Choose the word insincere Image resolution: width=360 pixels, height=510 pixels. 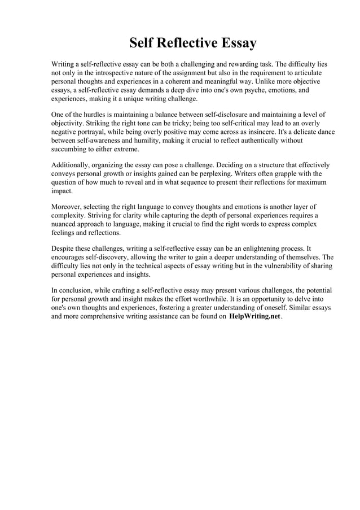[x=270, y=132]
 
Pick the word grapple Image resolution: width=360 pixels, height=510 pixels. [x=287, y=173]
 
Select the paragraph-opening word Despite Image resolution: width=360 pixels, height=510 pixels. [x=64, y=248]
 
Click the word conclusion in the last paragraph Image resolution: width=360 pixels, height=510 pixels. [x=79, y=290]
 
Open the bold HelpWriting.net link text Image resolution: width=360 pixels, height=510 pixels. [x=254, y=317]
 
